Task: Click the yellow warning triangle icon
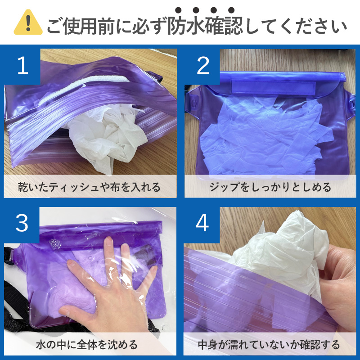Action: click(28, 22)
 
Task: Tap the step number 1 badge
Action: click(22, 66)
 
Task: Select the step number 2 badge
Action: click(202, 66)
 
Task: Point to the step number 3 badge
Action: click(22, 224)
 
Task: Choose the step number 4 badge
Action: click(202, 224)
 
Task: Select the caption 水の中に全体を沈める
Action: click(87, 345)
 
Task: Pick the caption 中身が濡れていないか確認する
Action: click(269, 345)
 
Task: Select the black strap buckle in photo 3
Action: click(9, 256)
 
